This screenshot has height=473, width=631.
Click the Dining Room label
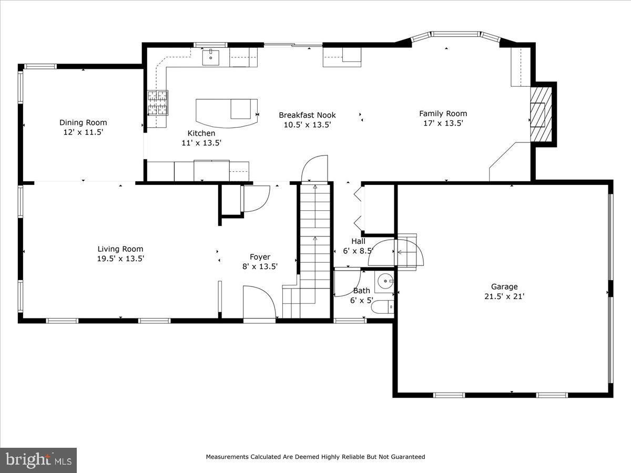83,122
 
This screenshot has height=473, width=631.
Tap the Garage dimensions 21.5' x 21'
504,296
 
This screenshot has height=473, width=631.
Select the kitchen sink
211,57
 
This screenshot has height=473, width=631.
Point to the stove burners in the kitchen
157,102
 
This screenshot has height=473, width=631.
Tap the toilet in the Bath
381,306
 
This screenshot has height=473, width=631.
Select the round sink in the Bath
386,281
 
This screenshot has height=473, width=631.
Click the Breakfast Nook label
307,115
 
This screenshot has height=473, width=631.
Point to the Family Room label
443,114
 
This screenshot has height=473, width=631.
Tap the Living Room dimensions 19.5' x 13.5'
120,259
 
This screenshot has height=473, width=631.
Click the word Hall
358,241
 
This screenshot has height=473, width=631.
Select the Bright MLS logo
38,460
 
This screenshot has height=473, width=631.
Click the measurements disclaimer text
315,457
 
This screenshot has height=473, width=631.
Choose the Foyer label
260,257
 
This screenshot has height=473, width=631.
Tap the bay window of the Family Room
455,35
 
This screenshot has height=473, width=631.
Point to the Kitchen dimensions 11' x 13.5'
201,142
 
